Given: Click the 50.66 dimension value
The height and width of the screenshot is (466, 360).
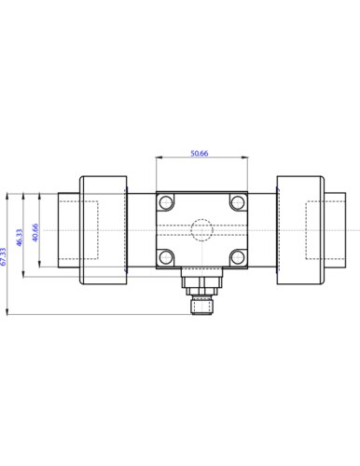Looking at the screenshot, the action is pyautogui.click(x=200, y=153).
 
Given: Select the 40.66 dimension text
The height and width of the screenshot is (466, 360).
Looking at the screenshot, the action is pyautogui.click(x=35, y=232).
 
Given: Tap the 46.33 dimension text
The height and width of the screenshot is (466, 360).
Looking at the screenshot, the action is pyautogui.click(x=20, y=238).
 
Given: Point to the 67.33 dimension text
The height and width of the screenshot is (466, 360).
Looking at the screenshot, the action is pyautogui.click(x=3, y=256).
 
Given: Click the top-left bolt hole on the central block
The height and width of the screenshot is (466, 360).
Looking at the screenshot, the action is pyautogui.click(x=166, y=202).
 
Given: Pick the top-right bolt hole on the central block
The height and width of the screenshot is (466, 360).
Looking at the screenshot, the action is pyautogui.click(x=238, y=202).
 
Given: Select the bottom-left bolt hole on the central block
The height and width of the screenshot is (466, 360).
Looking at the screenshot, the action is pyautogui.click(x=166, y=257).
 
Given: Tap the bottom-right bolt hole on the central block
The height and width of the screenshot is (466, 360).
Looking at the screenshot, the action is pyautogui.click(x=238, y=257).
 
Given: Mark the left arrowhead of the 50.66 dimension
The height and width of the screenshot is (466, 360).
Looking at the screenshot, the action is pyautogui.click(x=159, y=158).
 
